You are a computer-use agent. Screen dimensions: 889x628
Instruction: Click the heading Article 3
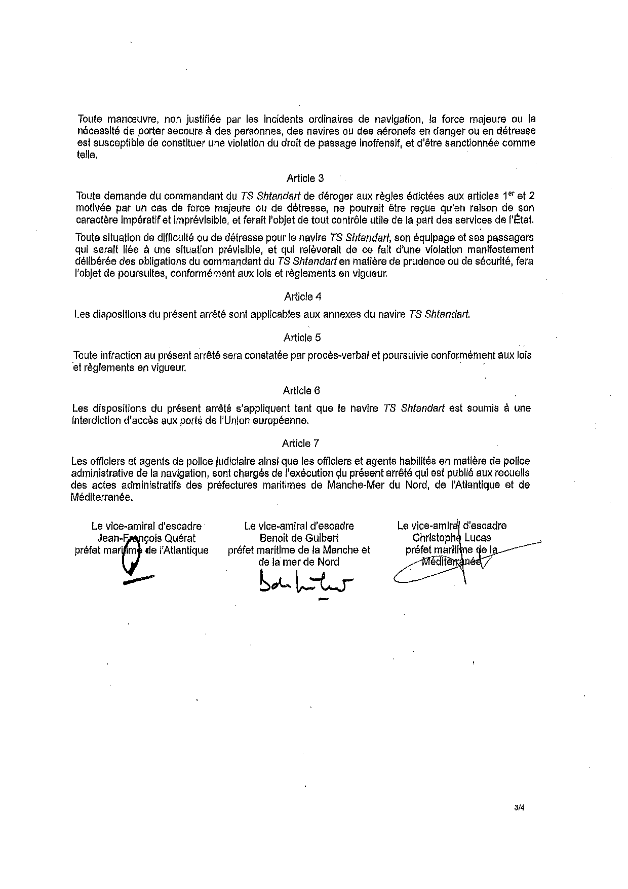tap(305, 178)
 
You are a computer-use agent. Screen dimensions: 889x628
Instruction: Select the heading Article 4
tap(303, 297)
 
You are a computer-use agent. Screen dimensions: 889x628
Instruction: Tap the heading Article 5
tap(302, 338)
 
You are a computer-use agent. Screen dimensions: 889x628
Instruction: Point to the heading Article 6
tap(302, 391)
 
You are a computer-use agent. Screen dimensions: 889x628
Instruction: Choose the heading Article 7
tap(301, 443)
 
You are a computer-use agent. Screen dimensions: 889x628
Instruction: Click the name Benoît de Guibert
tap(299, 538)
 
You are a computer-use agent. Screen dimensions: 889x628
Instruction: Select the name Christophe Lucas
tap(452, 538)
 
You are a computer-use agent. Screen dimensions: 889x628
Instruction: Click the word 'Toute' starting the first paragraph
tap(90, 120)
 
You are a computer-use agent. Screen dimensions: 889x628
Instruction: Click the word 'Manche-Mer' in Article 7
tap(352, 485)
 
